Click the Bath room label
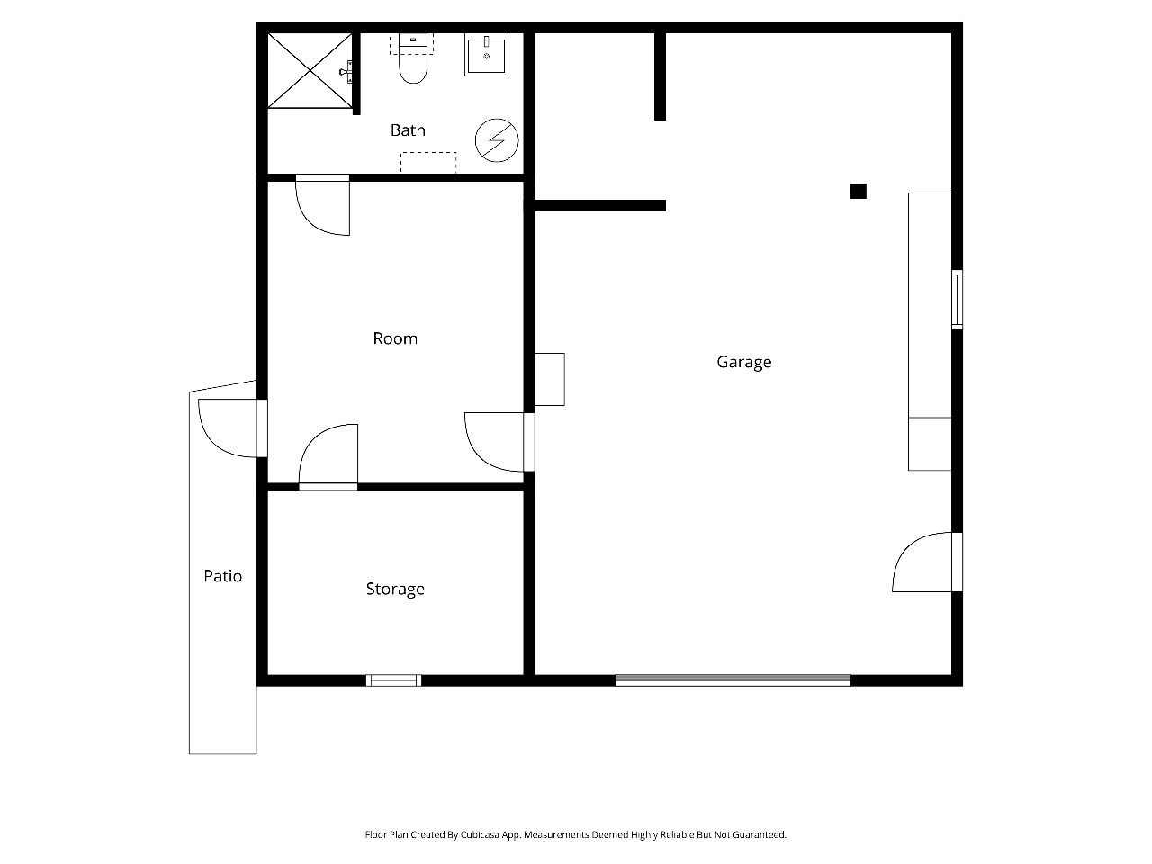[x=408, y=130]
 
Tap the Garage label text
[x=743, y=362]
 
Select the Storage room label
[x=395, y=589]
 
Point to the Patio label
[x=223, y=576]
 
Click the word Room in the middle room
[x=395, y=338]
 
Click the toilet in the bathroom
[x=413, y=58]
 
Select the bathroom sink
[x=487, y=55]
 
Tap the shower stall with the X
[x=310, y=71]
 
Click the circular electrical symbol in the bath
[x=497, y=140]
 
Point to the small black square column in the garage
[x=858, y=192]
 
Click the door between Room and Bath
[x=323, y=205]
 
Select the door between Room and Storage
[x=328, y=457]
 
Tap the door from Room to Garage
[x=499, y=442]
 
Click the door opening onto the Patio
[x=233, y=428]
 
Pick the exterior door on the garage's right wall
[x=927, y=562]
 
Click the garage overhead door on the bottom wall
[x=733, y=680]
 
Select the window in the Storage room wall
[x=393, y=680]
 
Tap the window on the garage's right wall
[x=958, y=300]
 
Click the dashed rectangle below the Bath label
[x=428, y=163]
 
